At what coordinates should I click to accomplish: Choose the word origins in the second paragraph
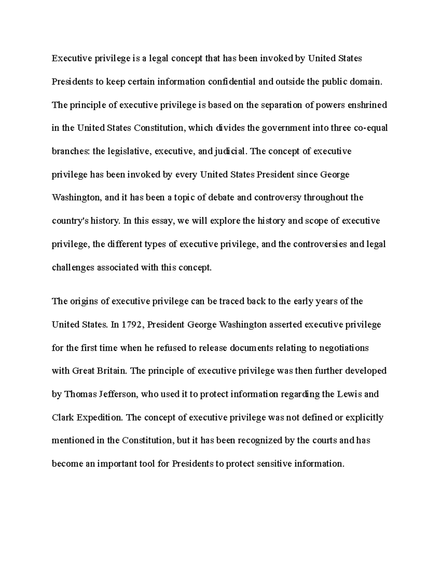[x=84, y=301]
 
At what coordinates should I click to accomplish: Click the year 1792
[x=132, y=325]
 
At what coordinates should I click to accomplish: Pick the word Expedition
[x=95, y=418]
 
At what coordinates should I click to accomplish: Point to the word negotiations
[x=344, y=348]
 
